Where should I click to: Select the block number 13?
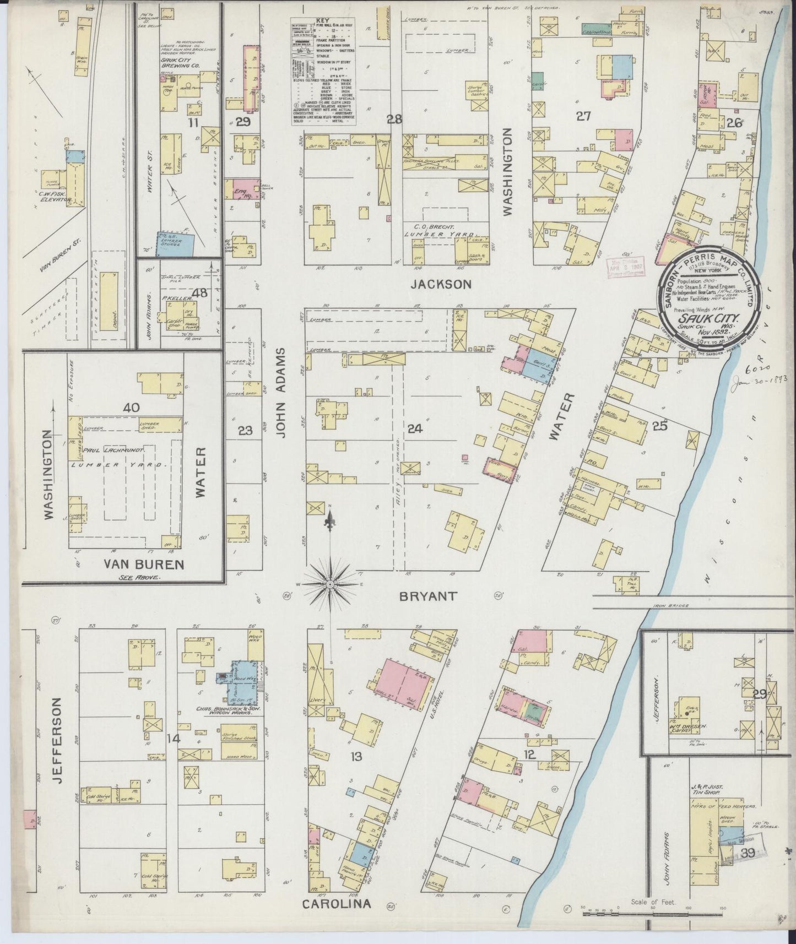pyautogui.click(x=356, y=757)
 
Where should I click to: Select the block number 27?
pyautogui.click(x=583, y=115)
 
